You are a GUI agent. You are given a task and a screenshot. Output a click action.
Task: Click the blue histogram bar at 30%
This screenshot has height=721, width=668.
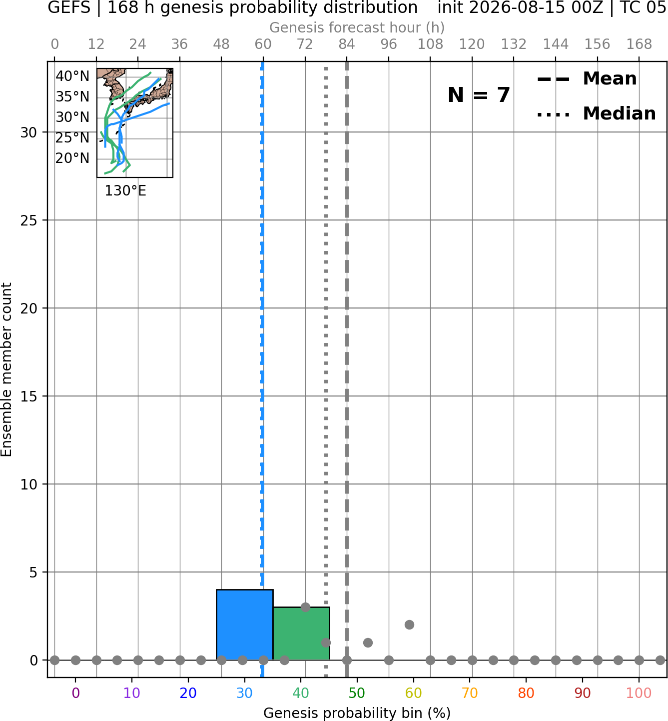click(x=244, y=624)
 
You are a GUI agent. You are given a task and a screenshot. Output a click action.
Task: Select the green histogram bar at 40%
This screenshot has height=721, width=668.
click(x=301, y=633)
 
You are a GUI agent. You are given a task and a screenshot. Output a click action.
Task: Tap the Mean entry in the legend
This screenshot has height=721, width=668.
click(x=587, y=79)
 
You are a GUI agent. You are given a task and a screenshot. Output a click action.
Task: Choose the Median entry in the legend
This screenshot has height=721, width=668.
click(x=596, y=113)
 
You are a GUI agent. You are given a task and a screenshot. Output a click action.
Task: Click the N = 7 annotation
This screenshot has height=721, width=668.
click(x=479, y=95)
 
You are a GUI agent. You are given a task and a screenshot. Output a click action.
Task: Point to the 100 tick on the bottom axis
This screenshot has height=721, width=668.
click(x=639, y=693)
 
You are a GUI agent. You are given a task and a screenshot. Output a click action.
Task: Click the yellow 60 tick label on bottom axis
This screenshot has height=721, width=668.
click(x=413, y=693)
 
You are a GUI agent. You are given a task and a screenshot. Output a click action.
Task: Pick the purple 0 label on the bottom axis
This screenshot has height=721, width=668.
click(x=75, y=693)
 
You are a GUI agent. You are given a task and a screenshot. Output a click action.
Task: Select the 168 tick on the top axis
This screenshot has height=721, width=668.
click(x=639, y=44)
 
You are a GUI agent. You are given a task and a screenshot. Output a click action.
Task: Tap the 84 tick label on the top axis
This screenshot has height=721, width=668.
click(x=347, y=44)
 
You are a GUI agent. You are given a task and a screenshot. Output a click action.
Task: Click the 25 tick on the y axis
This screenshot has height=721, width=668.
click(x=29, y=220)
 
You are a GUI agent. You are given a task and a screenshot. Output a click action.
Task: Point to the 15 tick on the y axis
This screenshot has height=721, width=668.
click(x=29, y=396)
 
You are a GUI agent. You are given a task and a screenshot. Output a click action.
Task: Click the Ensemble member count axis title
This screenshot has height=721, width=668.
click(x=6, y=369)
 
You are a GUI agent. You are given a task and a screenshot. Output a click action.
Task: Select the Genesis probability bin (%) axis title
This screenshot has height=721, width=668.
click(x=357, y=713)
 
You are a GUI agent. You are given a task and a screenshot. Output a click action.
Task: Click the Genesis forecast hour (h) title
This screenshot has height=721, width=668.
click(x=357, y=27)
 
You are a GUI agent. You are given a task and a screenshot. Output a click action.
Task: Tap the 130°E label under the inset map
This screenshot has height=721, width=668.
click(x=125, y=190)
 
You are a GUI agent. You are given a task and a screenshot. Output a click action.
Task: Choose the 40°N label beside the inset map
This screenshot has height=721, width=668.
click(x=72, y=76)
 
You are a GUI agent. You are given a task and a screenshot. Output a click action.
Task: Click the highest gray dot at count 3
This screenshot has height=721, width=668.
click(x=305, y=607)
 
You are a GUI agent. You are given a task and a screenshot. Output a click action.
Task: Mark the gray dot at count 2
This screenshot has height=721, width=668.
click(x=409, y=624)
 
